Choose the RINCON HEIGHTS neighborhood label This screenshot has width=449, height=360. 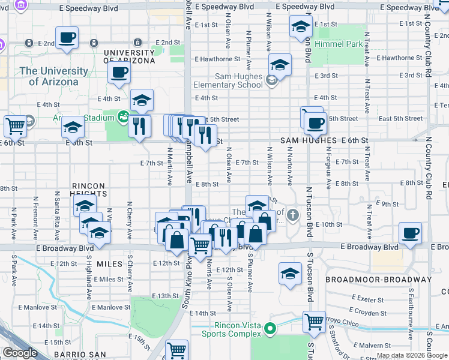point(88,190)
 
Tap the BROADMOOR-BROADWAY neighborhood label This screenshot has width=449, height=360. point(378,280)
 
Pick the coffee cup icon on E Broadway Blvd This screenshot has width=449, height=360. point(411,233)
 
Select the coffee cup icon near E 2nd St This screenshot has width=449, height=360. point(67,37)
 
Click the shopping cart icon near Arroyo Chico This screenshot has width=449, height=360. point(314,322)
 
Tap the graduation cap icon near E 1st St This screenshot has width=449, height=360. point(300,26)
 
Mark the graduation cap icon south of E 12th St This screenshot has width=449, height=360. point(290,274)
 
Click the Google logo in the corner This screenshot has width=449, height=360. point(20,353)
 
